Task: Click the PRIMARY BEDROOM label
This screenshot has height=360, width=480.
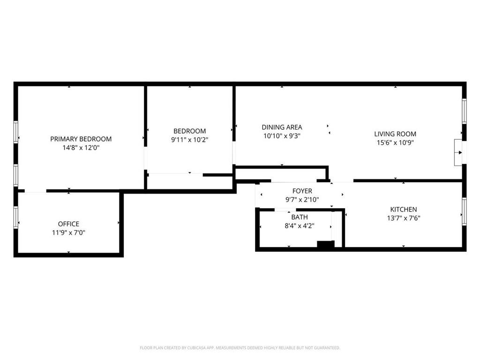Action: pyautogui.click(x=81, y=139)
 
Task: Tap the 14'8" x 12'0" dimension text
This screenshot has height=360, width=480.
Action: pyautogui.click(x=81, y=148)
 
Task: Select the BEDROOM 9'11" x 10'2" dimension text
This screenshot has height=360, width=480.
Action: pyautogui.click(x=190, y=140)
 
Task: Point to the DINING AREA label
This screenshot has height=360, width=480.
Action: pyautogui.click(x=282, y=127)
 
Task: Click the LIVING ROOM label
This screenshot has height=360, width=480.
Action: pyautogui.click(x=395, y=134)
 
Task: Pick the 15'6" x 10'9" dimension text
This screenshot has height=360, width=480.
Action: pyautogui.click(x=395, y=142)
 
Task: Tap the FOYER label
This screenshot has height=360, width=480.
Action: pyautogui.click(x=302, y=191)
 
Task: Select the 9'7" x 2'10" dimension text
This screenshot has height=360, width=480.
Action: pyautogui.click(x=302, y=200)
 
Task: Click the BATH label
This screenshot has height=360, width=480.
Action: pyautogui.click(x=300, y=217)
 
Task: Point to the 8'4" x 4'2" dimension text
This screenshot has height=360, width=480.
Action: pyautogui.click(x=300, y=226)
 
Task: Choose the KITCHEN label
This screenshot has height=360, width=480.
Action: pyautogui.click(x=404, y=210)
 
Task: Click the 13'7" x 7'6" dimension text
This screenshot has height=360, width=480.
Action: pyautogui.click(x=404, y=218)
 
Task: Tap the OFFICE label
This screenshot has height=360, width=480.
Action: pyautogui.click(x=68, y=224)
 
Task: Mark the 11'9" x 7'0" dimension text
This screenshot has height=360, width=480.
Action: pyautogui.click(x=68, y=232)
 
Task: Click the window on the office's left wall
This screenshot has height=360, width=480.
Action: pyautogui.click(x=16, y=217)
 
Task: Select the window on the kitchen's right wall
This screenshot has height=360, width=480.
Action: pyautogui.click(x=464, y=211)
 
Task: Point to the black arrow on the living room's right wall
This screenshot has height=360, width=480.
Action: pyautogui.click(x=460, y=152)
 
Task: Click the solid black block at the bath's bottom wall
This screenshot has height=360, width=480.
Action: pyautogui.click(x=326, y=244)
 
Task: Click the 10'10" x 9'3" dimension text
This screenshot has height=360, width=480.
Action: pyautogui.click(x=282, y=136)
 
